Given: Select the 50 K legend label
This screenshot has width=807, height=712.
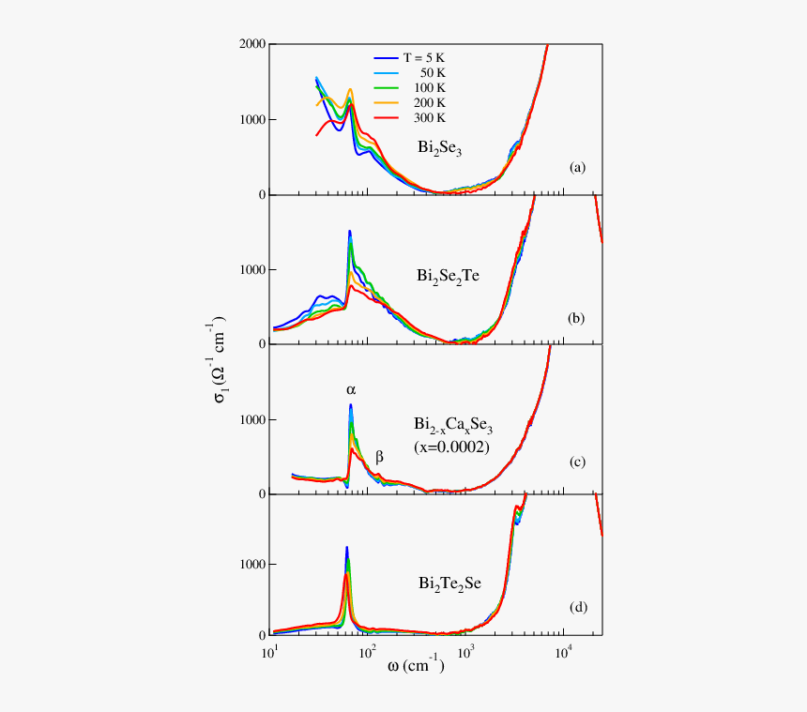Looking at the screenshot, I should pyautogui.click(x=433, y=72).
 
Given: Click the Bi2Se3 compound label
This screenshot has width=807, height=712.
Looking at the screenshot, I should pyautogui.click(x=440, y=148).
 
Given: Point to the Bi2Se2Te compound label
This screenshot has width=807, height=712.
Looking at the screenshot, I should pyautogui.click(x=449, y=277).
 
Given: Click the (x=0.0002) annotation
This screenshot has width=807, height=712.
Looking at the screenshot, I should pyautogui.click(x=452, y=448).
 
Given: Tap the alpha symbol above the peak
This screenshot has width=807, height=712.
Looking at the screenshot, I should pyautogui.click(x=351, y=388).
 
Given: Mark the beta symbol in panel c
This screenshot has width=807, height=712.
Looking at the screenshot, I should pyautogui.click(x=379, y=458).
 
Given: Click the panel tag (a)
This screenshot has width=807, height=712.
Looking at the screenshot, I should pyautogui.click(x=577, y=168).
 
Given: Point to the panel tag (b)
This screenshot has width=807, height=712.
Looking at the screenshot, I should pyautogui.click(x=577, y=319).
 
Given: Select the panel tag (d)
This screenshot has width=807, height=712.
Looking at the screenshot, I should pyautogui.click(x=577, y=608).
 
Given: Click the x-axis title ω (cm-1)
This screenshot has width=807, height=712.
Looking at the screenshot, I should pyautogui.click(x=416, y=667).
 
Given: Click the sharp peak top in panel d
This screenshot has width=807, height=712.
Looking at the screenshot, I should pyautogui.click(x=347, y=548).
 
